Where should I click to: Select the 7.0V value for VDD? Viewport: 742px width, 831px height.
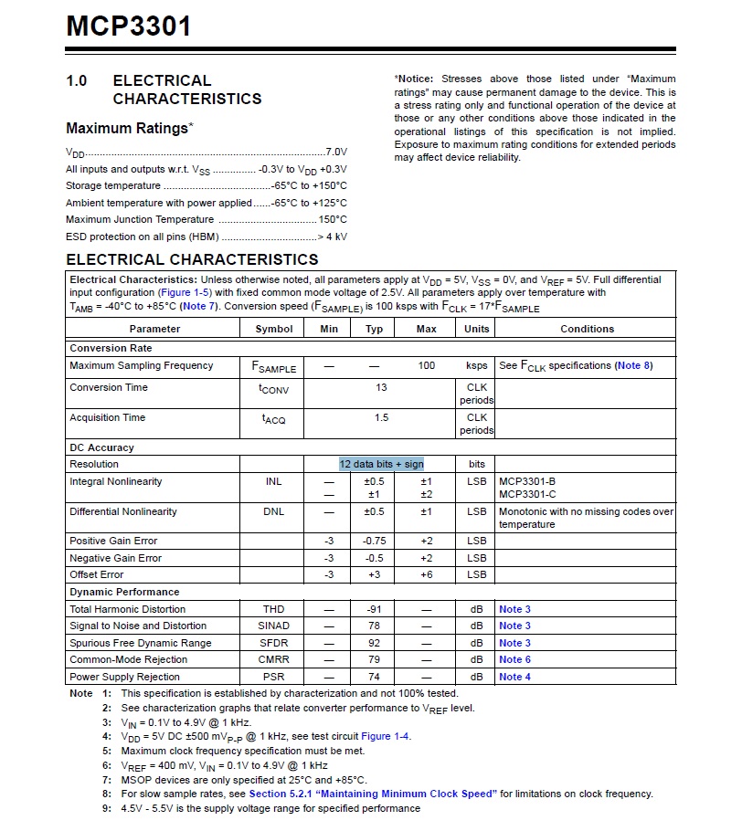coord(337,152)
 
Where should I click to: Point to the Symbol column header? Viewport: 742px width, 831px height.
coord(274,329)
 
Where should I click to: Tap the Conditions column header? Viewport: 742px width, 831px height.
coord(587,329)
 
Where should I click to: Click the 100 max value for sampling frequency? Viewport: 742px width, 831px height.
coord(426,365)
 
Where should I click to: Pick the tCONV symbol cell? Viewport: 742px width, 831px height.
coord(273,389)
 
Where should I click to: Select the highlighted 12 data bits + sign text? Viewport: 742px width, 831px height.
coord(381,464)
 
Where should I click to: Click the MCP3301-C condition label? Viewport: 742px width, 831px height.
coord(527,494)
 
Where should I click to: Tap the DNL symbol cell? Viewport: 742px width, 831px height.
coord(274,511)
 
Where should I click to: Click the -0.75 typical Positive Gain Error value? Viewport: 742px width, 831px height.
coord(375,541)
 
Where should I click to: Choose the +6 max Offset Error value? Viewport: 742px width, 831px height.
coord(426,574)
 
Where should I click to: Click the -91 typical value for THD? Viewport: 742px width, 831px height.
coord(375,609)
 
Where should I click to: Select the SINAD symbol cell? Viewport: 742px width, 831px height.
coord(274,626)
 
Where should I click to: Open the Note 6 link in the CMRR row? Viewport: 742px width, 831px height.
coord(514,659)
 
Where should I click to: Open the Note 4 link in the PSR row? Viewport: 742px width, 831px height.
coord(514,677)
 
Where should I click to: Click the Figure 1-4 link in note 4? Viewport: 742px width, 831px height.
coord(386,736)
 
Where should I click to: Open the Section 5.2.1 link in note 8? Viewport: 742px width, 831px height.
coord(372,794)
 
